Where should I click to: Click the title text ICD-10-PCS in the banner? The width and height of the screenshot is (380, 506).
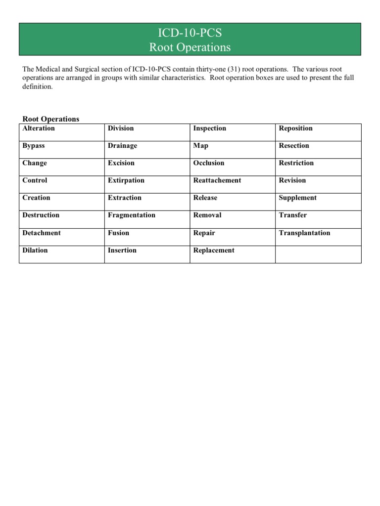(x=190, y=34)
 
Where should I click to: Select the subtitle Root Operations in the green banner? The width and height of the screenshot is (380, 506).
(x=190, y=47)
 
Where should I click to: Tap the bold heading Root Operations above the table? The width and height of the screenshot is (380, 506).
(x=51, y=119)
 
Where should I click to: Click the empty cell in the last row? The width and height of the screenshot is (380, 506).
(x=318, y=254)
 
